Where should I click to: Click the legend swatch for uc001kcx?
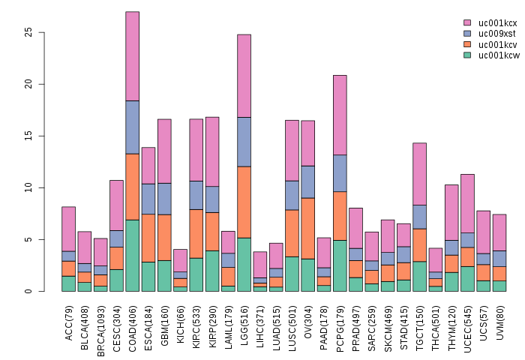(467, 23)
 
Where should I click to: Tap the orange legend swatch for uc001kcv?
(467, 44)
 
